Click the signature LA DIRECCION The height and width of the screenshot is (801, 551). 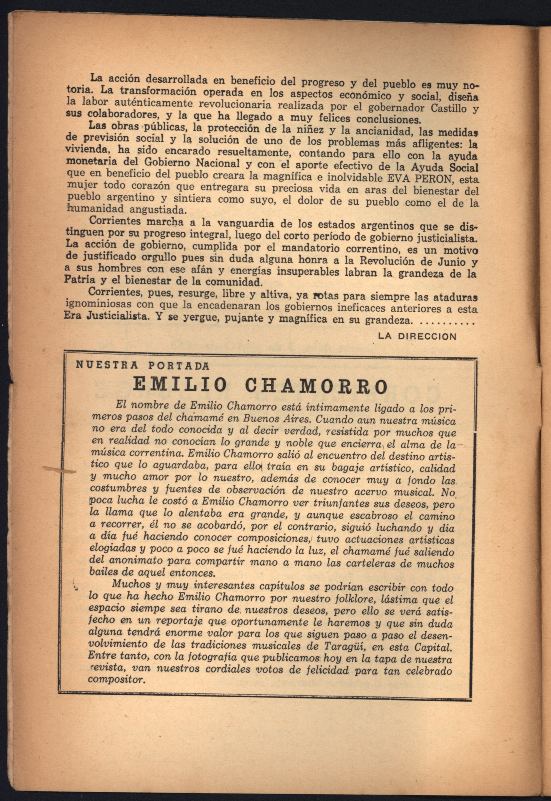click(x=417, y=336)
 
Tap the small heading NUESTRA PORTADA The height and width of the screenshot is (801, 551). click(x=142, y=365)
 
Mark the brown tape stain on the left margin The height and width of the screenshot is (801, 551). click(x=59, y=469)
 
